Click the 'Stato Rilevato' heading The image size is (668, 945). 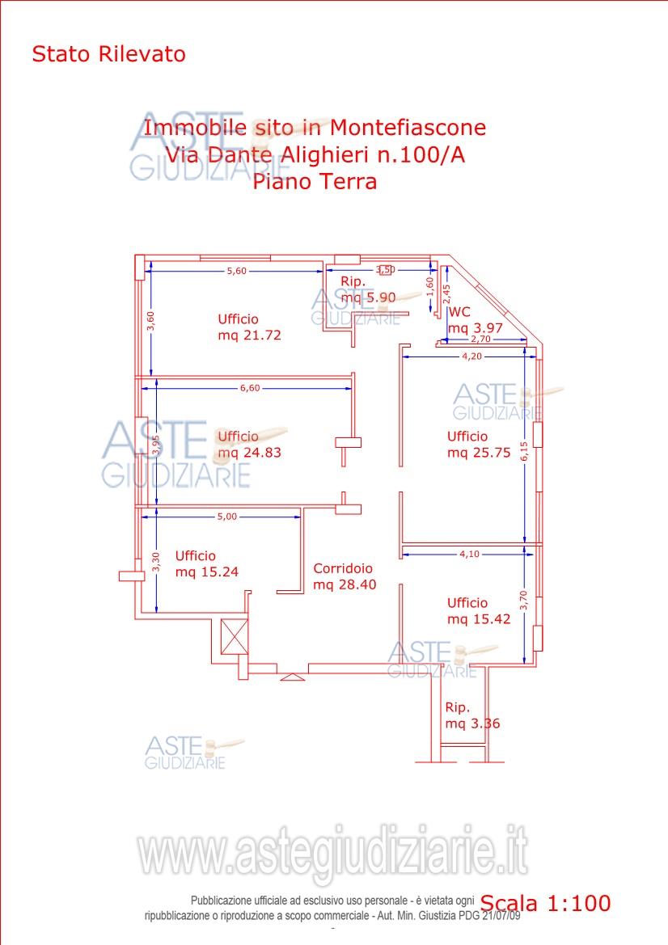(x=108, y=54)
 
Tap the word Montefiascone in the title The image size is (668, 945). (x=408, y=128)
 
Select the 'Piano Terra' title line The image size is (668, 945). (x=315, y=181)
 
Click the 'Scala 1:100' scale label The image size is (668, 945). (x=546, y=903)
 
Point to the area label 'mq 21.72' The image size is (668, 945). (x=250, y=335)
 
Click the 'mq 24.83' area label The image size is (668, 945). (x=250, y=453)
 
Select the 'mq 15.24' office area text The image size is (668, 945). (x=207, y=572)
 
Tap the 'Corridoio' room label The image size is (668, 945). (x=343, y=568)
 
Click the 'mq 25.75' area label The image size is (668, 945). (x=479, y=453)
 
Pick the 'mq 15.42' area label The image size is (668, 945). (x=479, y=619)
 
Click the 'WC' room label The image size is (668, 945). (x=459, y=312)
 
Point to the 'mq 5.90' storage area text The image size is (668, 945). (x=368, y=297)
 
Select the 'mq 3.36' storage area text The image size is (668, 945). (x=472, y=724)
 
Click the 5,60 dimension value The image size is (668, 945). (x=236, y=271)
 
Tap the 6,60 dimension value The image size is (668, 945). (x=250, y=388)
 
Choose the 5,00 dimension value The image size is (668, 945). (x=227, y=517)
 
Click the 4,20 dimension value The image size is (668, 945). (x=472, y=356)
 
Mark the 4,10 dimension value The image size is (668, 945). (x=470, y=554)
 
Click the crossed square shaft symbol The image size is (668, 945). (x=235, y=637)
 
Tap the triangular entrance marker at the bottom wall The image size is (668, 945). (x=293, y=677)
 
